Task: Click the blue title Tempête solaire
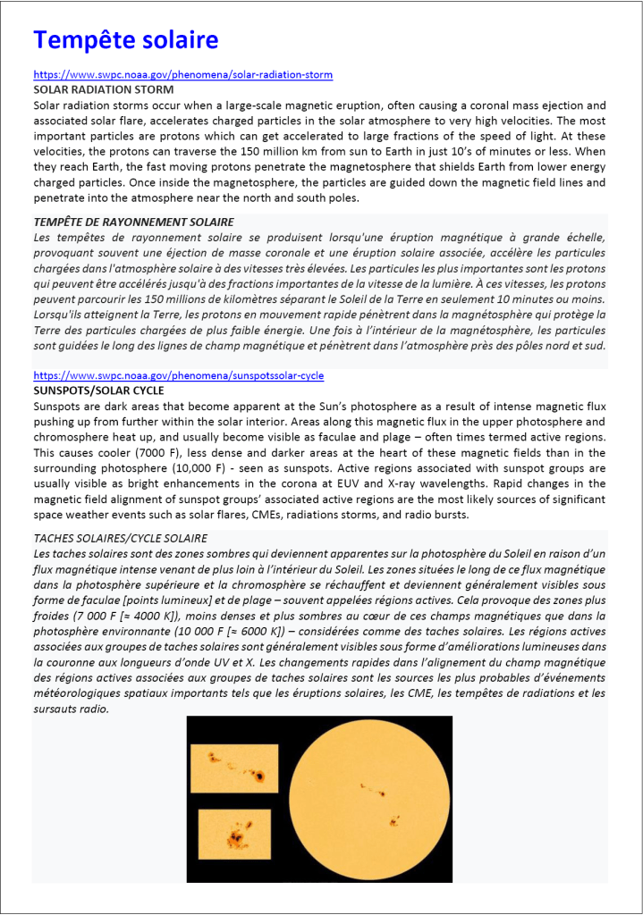click(125, 40)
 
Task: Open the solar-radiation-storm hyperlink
click(182, 76)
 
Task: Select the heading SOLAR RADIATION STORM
click(103, 90)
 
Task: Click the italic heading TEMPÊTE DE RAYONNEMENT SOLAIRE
click(133, 222)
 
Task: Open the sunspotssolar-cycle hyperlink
click(178, 376)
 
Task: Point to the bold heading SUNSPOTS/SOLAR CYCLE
click(98, 391)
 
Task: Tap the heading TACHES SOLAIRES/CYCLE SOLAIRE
click(120, 538)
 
